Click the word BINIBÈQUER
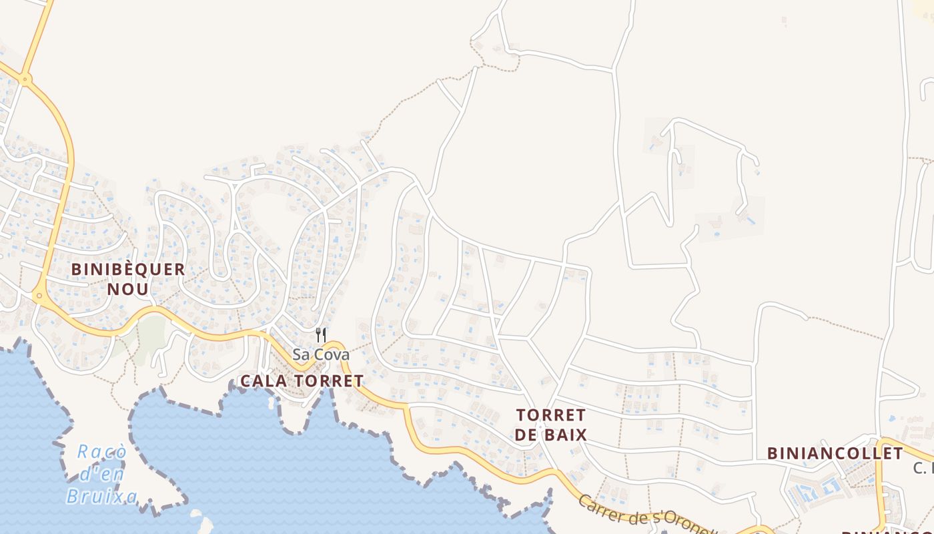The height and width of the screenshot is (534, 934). click(128, 270)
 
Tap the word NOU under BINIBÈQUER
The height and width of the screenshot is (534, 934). click(128, 289)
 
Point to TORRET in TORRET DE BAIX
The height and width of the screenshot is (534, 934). click(551, 415)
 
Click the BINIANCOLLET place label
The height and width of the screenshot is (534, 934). click(835, 454)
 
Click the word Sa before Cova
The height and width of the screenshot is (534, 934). click(301, 354)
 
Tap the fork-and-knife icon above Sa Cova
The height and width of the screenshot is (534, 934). click(321, 334)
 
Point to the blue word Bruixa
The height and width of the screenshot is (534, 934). click(101, 496)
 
